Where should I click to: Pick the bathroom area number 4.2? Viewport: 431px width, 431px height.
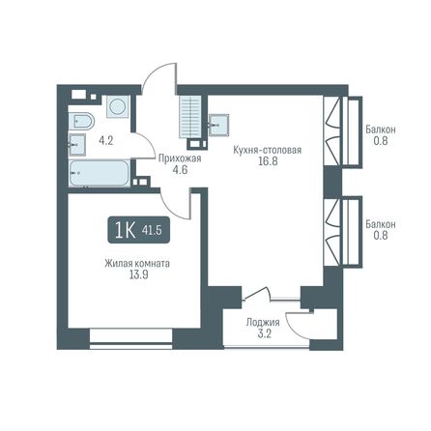click(x=108, y=140)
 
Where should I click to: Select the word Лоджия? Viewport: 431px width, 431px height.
click(x=263, y=323)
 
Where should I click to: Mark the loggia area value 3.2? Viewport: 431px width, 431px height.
click(x=263, y=334)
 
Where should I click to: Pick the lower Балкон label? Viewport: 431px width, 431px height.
click(x=379, y=222)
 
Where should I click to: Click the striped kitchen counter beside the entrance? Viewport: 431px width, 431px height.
click(x=189, y=118)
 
